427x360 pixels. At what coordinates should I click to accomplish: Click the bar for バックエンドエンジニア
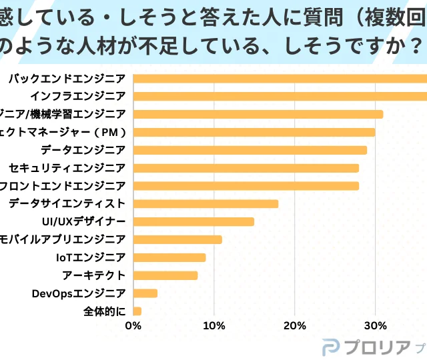click(280, 78)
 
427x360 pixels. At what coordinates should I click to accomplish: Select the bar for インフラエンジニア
click(280, 96)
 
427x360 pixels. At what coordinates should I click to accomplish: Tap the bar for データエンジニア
click(250, 150)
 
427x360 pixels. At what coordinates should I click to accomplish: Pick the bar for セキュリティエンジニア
click(246, 168)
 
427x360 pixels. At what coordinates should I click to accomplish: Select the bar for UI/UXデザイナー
click(194, 221)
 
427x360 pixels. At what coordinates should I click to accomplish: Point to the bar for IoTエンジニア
click(170, 257)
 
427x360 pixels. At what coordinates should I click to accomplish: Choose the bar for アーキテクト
click(166, 275)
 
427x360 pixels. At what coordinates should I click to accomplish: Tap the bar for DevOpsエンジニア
click(146, 293)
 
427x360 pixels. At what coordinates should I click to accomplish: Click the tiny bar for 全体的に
click(138, 311)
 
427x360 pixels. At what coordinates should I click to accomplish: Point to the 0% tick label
click(133, 326)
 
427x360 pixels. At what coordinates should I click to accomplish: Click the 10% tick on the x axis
click(213, 326)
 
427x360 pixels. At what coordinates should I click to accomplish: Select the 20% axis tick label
click(294, 326)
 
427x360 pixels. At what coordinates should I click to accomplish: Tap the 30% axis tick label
click(375, 326)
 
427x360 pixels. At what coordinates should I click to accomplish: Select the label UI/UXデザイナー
click(83, 221)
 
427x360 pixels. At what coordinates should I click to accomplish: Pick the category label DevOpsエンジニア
click(79, 293)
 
